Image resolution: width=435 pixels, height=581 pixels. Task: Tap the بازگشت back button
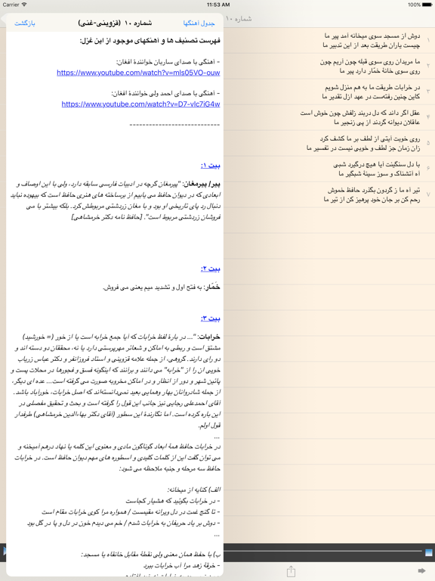[x=25, y=23]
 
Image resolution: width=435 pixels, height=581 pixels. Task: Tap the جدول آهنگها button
[x=199, y=23]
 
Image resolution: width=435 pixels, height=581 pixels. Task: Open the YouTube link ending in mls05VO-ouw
[x=138, y=73]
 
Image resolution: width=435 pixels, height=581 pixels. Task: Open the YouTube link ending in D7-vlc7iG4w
[x=141, y=104]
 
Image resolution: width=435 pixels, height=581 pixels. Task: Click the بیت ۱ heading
[x=211, y=165]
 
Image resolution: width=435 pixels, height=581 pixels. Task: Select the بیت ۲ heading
[x=211, y=269]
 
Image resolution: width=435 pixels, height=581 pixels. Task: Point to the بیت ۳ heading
[x=211, y=318]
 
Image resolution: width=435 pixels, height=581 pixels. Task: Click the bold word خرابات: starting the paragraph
[x=208, y=337]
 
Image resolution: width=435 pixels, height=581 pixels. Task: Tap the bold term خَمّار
[x=213, y=287]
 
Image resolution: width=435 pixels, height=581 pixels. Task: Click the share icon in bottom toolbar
[x=291, y=571]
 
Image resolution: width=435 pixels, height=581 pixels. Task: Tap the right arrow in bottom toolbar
[x=421, y=571]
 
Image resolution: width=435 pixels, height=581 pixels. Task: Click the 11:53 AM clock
[x=217, y=5]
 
